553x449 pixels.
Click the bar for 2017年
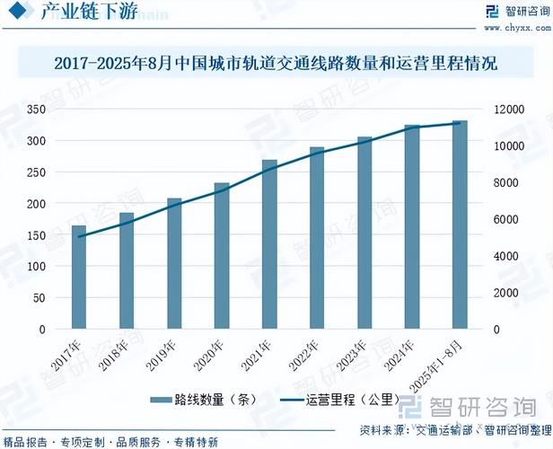(79, 277)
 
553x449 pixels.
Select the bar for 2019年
(174, 264)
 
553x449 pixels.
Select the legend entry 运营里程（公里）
(337, 400)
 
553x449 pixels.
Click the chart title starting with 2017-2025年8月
(276, 65)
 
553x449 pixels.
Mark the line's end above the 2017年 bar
(79, 237)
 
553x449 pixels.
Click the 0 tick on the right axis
(493, 330)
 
